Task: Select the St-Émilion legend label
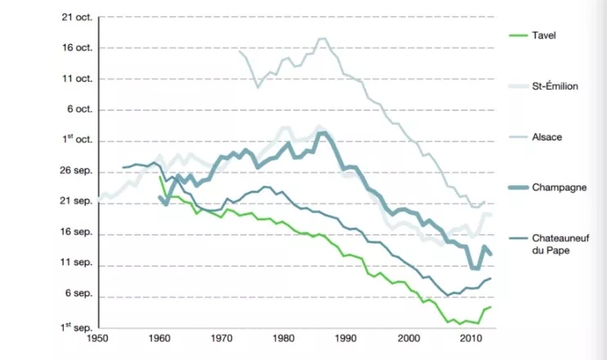pyautogui.click(x=556, y=86)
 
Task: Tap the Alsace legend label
pyautogui.click(x=547, y=136)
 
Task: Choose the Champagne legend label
pyautogui.click(x=556, y=187)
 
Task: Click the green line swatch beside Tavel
pyautogui.click(x=516, y=35)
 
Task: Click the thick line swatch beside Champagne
pyautogui.click(x=516, y=187)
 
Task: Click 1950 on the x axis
pyautogui.click(x=97, y=337)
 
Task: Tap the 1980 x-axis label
pyautogui.click(x=283, y=337)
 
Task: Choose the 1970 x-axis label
pyautogui.click(x=221, y=337)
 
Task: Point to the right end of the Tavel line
pyautogui.click(x=491, y=307)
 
